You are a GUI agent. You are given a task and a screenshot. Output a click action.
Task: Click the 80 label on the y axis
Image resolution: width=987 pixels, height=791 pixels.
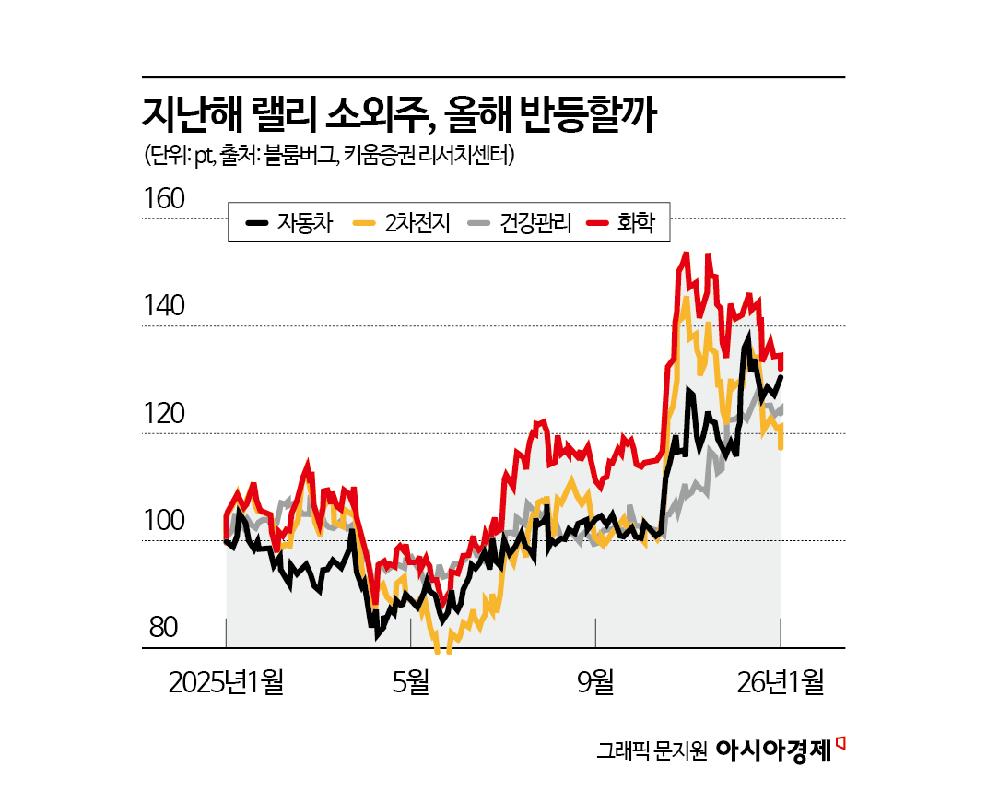pos(162,629)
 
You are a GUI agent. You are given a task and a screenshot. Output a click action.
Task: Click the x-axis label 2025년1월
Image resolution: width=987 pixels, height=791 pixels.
pos(227,682)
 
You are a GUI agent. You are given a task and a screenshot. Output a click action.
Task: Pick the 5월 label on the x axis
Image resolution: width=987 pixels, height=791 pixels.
pos(411,682)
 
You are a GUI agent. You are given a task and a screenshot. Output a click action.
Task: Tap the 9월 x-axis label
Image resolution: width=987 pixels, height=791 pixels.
pos(596,682)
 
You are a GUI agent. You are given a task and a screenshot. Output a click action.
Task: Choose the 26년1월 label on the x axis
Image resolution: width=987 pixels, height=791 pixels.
pos(779,682)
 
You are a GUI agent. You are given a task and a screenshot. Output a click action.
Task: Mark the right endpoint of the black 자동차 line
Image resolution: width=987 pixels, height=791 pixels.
pos(781,376)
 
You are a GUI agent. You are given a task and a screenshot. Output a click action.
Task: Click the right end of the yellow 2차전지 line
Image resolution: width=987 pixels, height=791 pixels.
pos(781,448)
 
